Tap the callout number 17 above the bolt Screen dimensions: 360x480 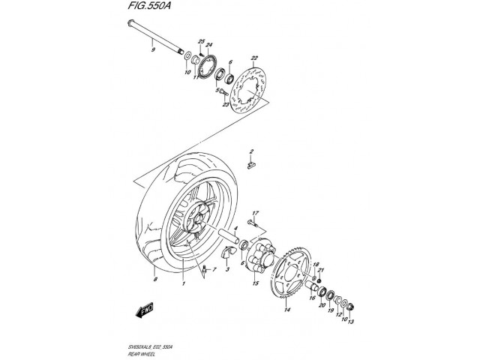(255, 214)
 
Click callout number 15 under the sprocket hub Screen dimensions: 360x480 (254, 284)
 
